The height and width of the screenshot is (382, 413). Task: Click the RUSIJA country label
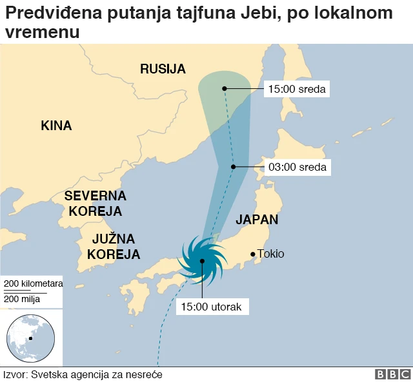pos(163,69)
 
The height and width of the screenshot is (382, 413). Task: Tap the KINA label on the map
pos(56,126)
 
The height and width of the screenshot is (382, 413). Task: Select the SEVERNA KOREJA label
pos(96,203)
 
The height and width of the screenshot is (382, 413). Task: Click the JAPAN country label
pos(257,219)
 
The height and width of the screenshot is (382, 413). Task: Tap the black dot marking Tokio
pos(252,254)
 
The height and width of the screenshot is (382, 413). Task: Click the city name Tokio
pos(270,254)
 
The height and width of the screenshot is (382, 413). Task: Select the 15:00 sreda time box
pos(297,88)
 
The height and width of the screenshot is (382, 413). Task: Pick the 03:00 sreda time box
pos(297,167)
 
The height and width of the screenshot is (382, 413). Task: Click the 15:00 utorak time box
pos(212,307)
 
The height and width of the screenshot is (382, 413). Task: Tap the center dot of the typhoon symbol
pos(202,261)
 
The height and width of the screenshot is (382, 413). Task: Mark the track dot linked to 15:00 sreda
pos(224,88)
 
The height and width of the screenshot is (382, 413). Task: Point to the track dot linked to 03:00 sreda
pos(234,167)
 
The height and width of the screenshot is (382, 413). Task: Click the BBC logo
pos(392,374)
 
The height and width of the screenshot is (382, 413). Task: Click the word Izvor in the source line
pos(15,374)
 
